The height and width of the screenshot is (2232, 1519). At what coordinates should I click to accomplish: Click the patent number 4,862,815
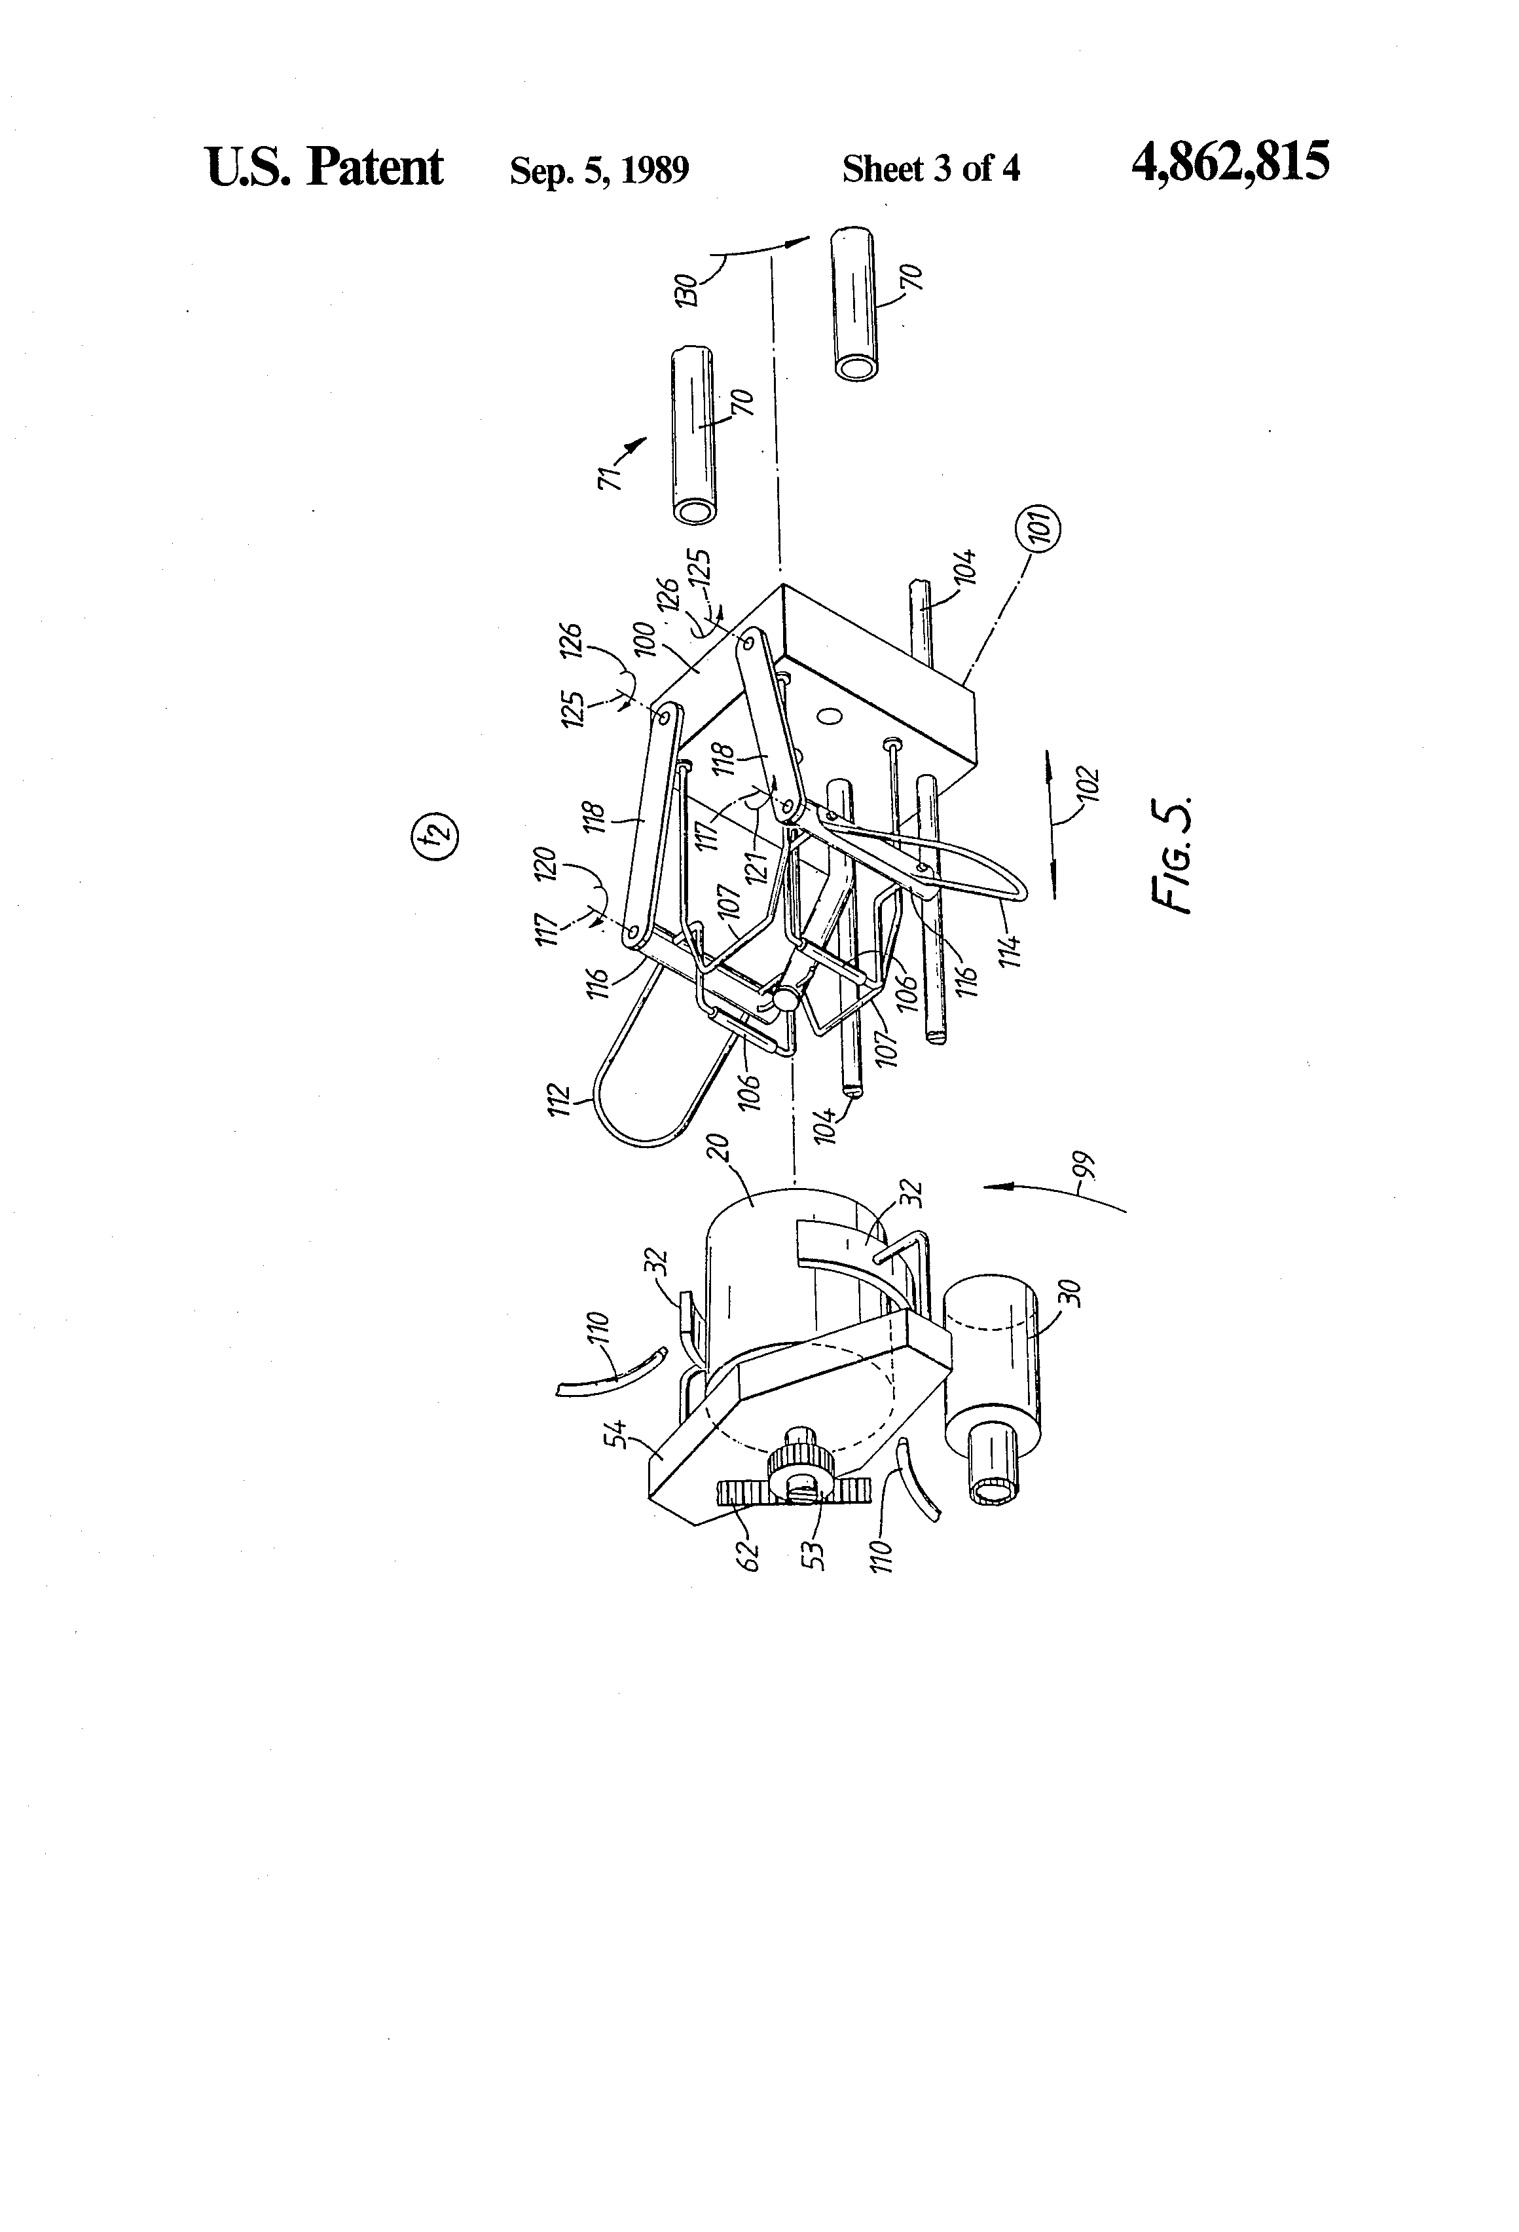(x=1231, y=162)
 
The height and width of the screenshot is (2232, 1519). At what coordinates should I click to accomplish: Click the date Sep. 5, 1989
(x=599, y=171)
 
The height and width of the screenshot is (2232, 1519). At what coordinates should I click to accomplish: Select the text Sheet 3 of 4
(x=930, y=170)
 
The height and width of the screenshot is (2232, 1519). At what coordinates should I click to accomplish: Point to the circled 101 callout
(x=1044, y=527)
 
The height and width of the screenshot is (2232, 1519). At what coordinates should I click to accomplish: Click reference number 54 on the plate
(x=621, y=1437)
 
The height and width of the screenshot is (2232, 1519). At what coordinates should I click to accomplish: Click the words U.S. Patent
(x=325, y=167)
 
